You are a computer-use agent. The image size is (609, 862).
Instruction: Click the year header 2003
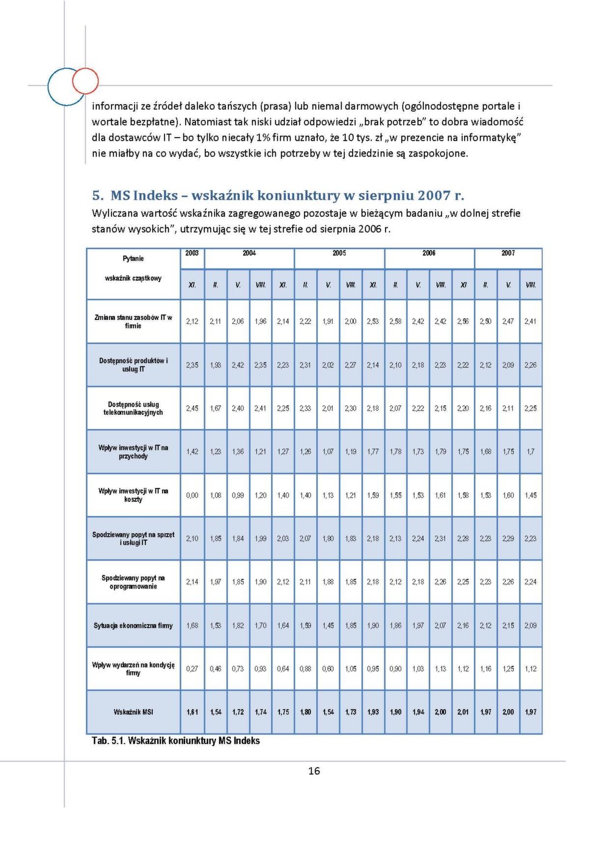(192, 253)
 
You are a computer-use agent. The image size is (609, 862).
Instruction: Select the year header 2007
(508, 253)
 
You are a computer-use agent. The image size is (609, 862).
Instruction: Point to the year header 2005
(339, 253)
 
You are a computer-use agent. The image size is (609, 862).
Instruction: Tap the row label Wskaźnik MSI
(133, 712)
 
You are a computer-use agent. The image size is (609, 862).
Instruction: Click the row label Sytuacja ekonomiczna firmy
(133, 626)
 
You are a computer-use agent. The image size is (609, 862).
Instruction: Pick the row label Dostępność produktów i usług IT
(133, 365)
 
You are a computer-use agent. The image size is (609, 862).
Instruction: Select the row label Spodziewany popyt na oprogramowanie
(133, 582)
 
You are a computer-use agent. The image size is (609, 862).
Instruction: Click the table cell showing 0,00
(192, 495)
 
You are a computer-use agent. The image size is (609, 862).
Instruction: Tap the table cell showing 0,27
(192, 669)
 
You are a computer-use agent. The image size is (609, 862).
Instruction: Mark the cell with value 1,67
(216, 409)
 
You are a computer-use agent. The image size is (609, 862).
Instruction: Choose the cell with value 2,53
(373, 322)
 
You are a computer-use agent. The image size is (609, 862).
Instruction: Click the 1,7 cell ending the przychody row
(530, 452)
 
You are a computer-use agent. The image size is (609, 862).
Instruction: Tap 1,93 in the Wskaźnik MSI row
(373, 712)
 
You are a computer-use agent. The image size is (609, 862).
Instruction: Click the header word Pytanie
(133, 259)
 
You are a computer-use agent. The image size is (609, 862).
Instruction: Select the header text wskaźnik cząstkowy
(133, 278)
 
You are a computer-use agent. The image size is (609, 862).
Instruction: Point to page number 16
(314, 771)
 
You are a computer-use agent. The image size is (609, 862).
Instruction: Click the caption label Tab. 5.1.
(108, 741)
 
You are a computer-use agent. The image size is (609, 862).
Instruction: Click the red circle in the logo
(85, 80)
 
